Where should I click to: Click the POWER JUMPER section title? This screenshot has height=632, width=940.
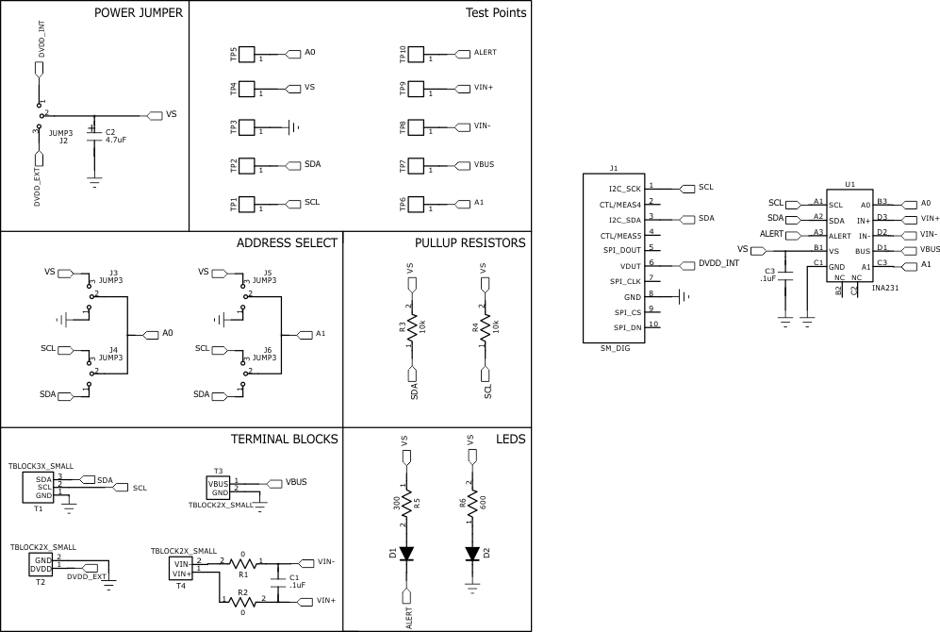139,12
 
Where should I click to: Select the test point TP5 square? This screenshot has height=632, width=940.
247,54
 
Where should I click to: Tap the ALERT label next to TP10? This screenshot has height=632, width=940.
485,53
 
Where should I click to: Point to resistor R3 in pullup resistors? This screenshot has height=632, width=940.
409,327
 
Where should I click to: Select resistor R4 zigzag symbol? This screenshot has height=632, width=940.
484,327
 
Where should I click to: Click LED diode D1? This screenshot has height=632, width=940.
406,554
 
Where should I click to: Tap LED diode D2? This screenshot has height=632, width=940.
472,554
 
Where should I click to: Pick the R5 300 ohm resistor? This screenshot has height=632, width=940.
406,505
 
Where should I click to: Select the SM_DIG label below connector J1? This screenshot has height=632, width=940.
615,348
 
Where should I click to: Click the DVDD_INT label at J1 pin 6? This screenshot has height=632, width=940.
717,264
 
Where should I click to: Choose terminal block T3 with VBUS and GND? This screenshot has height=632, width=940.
219,488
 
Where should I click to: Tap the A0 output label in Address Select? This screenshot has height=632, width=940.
167,333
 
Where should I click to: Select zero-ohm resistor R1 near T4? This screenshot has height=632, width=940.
242,563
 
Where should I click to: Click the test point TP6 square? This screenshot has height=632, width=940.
416,205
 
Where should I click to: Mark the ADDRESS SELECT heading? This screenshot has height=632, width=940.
286,242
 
